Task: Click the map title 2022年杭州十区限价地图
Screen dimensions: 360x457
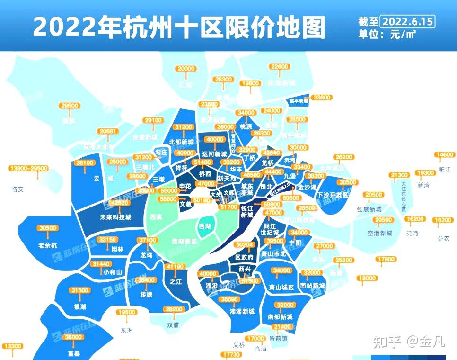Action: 179,27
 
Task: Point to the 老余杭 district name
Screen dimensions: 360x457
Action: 47,245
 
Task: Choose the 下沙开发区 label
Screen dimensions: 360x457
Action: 333,195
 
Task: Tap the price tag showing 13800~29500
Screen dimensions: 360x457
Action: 29,168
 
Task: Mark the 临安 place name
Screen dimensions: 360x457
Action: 18,189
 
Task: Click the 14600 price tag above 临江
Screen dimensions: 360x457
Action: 446,155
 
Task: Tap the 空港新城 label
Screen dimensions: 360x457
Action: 379,233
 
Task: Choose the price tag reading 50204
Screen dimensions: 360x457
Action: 245,244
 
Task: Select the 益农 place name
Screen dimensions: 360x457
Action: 443,238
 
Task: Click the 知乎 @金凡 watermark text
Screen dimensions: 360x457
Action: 408,342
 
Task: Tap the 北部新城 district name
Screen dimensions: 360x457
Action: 181,142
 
